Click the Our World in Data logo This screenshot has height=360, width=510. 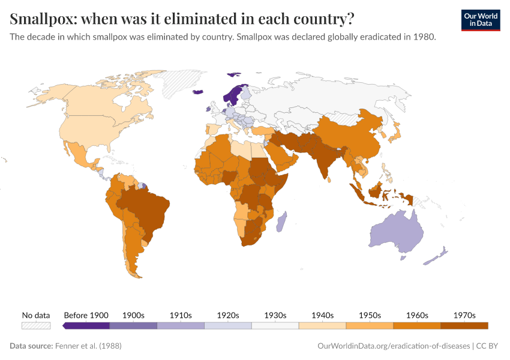pos(480,20)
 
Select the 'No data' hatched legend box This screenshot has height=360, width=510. pos(36,325)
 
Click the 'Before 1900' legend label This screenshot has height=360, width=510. pos(86,315)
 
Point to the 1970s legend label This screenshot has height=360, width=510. pos(464,315)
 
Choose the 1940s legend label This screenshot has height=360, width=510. pos(322,315)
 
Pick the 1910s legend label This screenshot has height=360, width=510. pos(181,315)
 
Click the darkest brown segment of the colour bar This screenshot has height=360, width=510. pos(464,325)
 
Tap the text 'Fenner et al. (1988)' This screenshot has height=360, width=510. pos(88,346)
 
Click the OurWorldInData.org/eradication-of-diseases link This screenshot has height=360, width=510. pos(392,346)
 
